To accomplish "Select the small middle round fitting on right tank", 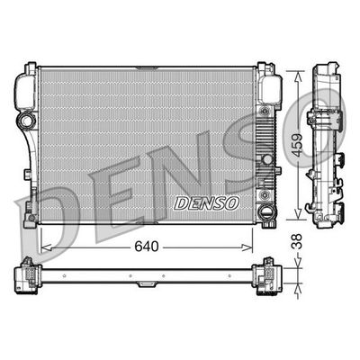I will point(264,158).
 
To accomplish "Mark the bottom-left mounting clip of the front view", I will point(33,212).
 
